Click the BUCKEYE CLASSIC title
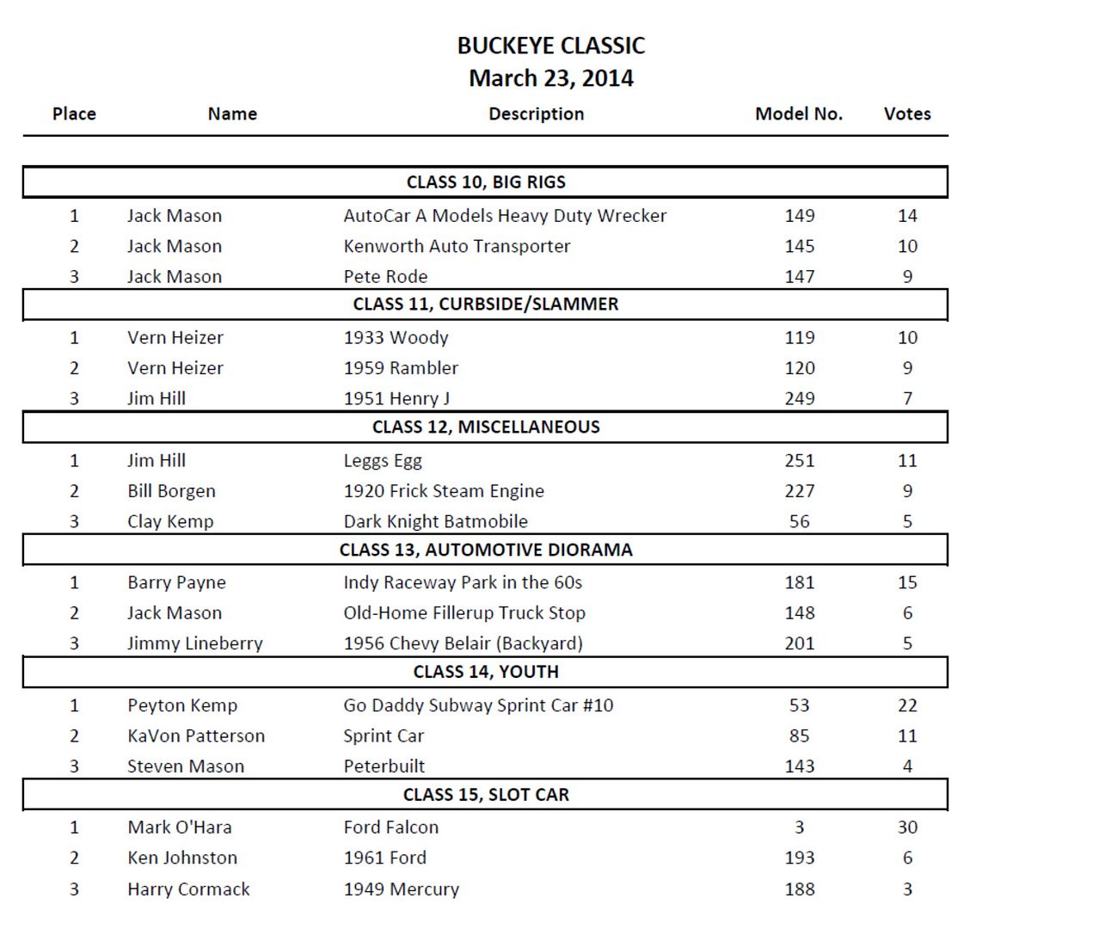click(550, 46)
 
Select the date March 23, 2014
click(550, 78)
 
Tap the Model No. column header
click(798, 114)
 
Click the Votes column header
click(906, 114)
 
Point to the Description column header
click(536, 114)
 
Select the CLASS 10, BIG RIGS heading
click(486, 182)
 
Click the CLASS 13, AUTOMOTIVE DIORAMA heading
click(486, 550)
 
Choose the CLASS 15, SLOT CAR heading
click(486, 795)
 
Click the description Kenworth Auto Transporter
click(457, 246)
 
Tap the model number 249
click(799, 398)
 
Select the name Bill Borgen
click(171, 491)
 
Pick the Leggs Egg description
click(383, 461)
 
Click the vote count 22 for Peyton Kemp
click(907, 705)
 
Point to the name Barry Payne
click(176, 582)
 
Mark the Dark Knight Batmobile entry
click(435, 521)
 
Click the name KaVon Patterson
click(196, 735)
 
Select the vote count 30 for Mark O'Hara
click(907, 827)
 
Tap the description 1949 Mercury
click(401, 889)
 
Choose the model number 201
click(799, 643)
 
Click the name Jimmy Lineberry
click(194, 643)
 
